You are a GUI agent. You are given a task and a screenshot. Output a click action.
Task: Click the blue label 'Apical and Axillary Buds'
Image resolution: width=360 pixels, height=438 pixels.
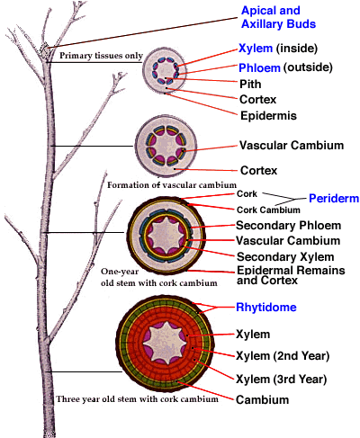click(x=278, y=17)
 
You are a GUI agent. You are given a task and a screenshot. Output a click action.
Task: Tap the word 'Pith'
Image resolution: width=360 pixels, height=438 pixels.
click(x=250, y=85)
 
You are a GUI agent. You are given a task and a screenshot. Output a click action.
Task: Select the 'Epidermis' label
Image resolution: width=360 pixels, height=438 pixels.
click(x=268, y=116)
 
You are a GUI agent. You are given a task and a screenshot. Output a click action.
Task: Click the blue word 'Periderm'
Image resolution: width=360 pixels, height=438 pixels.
click(x=334, y=199)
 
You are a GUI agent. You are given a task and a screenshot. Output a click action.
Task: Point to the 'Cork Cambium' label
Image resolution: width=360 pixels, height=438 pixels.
click(x=268, y=210)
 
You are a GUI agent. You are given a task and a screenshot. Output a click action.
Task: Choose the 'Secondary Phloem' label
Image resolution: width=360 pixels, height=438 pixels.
click(x=288, y=226)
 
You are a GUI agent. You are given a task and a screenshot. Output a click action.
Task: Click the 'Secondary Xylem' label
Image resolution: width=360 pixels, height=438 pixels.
click(x=285, y=257)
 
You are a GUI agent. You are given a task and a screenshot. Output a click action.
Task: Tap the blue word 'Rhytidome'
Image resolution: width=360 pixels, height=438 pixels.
click(x=266, y=308)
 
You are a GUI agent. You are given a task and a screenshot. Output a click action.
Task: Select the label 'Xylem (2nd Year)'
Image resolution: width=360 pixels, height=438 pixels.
click(x=283, y=356)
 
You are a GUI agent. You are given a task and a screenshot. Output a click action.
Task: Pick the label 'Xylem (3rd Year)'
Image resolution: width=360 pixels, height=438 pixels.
click(x=282, y=380)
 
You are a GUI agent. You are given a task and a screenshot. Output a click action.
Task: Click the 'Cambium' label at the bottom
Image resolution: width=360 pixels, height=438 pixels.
click(x=263, y=400)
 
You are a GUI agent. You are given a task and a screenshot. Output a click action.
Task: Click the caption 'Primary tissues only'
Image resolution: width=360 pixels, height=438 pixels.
click(x=101, y=56)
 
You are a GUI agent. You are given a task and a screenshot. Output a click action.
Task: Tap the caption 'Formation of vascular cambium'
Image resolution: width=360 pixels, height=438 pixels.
click(x=172, y=185)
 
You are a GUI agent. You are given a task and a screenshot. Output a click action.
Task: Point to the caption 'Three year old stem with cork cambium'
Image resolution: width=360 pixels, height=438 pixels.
click(x=138, y=399)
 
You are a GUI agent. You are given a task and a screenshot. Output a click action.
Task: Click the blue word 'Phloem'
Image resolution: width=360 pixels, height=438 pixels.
click(x=259, y=68)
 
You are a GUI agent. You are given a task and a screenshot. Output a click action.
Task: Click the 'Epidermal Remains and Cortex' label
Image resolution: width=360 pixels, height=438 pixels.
click(x=291, y=275)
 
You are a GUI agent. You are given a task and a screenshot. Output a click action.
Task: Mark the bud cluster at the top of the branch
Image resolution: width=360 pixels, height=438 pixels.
click(x=45, y=51)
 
